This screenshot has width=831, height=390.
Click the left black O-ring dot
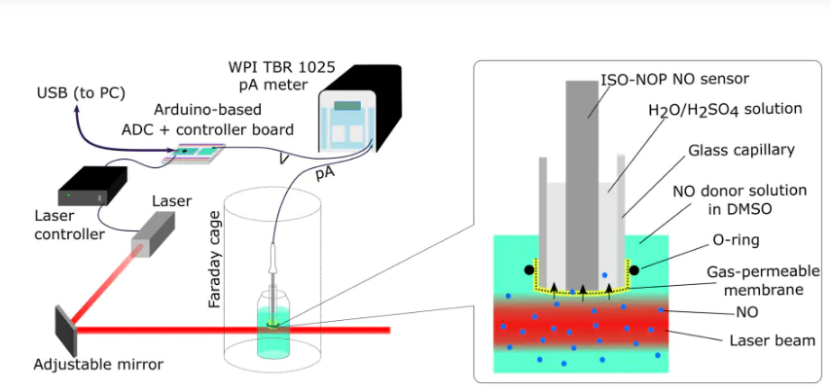coord(527,269)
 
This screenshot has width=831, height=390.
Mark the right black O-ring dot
coord(633,269)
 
